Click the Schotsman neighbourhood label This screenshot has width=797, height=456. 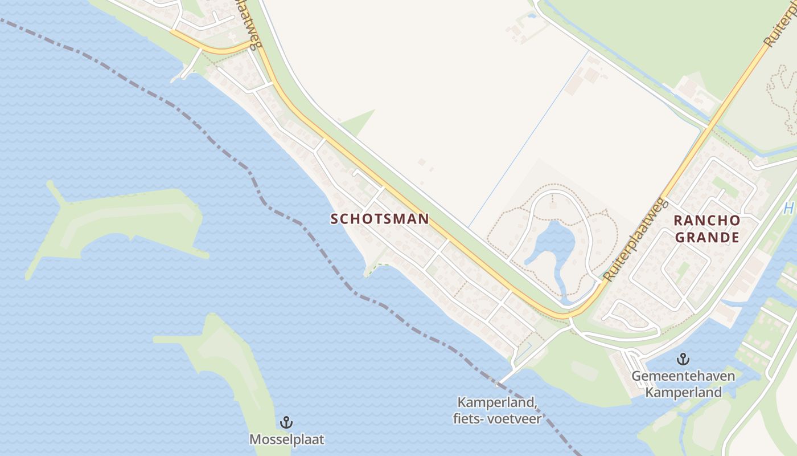pyautogui.click(x=379, y=219)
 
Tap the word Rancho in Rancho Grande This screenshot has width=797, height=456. pyautogui.click(x=707, y=221)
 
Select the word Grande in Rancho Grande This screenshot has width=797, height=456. pyautogui.click(x=707, y=237)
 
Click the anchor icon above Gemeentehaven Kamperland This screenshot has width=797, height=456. pyautogui.click(x=683, y=359)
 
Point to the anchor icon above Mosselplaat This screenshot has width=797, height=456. pyautogui.click(x=286, y=422)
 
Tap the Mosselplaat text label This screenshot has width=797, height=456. pyautogui.click(x=286, y=439)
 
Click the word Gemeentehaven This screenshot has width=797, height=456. pyautogui.click(x=683, y=376)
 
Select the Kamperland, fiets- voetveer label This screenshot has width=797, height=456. pyautogui.click(x=496, y=410)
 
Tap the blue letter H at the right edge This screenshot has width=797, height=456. pyautogui.click(x=788, y=209)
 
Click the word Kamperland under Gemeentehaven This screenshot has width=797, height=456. pyautogui.click(x=683, y=392)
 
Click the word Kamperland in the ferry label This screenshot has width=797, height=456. pyautogui.click(x=496, y=402)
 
